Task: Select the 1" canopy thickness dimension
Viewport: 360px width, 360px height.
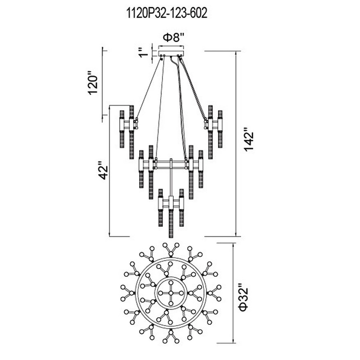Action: coord(144,53)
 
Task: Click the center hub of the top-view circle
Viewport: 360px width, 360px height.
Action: coord(171,293)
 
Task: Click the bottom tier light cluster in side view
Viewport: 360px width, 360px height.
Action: coord(171,205)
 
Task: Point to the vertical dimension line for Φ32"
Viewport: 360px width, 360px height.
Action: coord(233,293)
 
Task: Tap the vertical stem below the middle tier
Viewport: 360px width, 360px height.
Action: coord(171,180)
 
